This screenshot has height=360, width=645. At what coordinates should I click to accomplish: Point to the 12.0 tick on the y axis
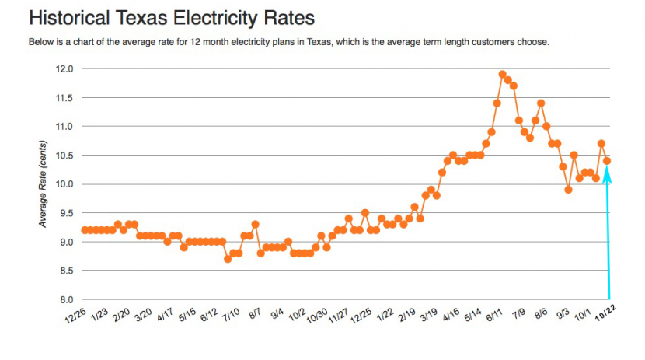[x=64, y=68]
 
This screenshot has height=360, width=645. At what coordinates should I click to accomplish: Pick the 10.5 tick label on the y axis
[x=64, y=155]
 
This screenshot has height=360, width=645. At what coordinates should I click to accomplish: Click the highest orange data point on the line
[x=503, y=75]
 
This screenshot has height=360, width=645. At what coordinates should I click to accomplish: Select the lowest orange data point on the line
[x=228, y=259]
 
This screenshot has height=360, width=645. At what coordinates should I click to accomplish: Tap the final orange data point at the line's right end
[x=607, y=161]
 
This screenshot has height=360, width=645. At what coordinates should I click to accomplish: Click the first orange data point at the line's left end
[x=85, y=230]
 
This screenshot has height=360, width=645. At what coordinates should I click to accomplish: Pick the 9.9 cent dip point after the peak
[x=568, y=190]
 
